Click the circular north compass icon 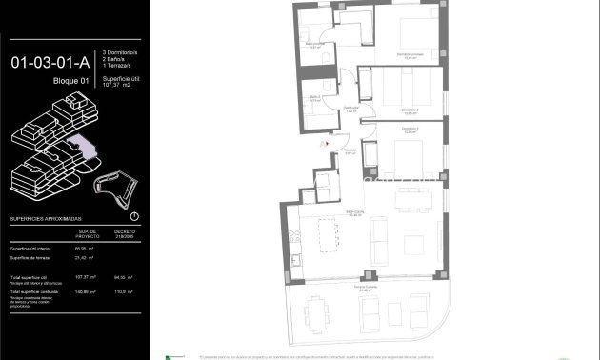(133, 217)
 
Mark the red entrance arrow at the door (327, 144)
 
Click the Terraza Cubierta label (365, 288)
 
